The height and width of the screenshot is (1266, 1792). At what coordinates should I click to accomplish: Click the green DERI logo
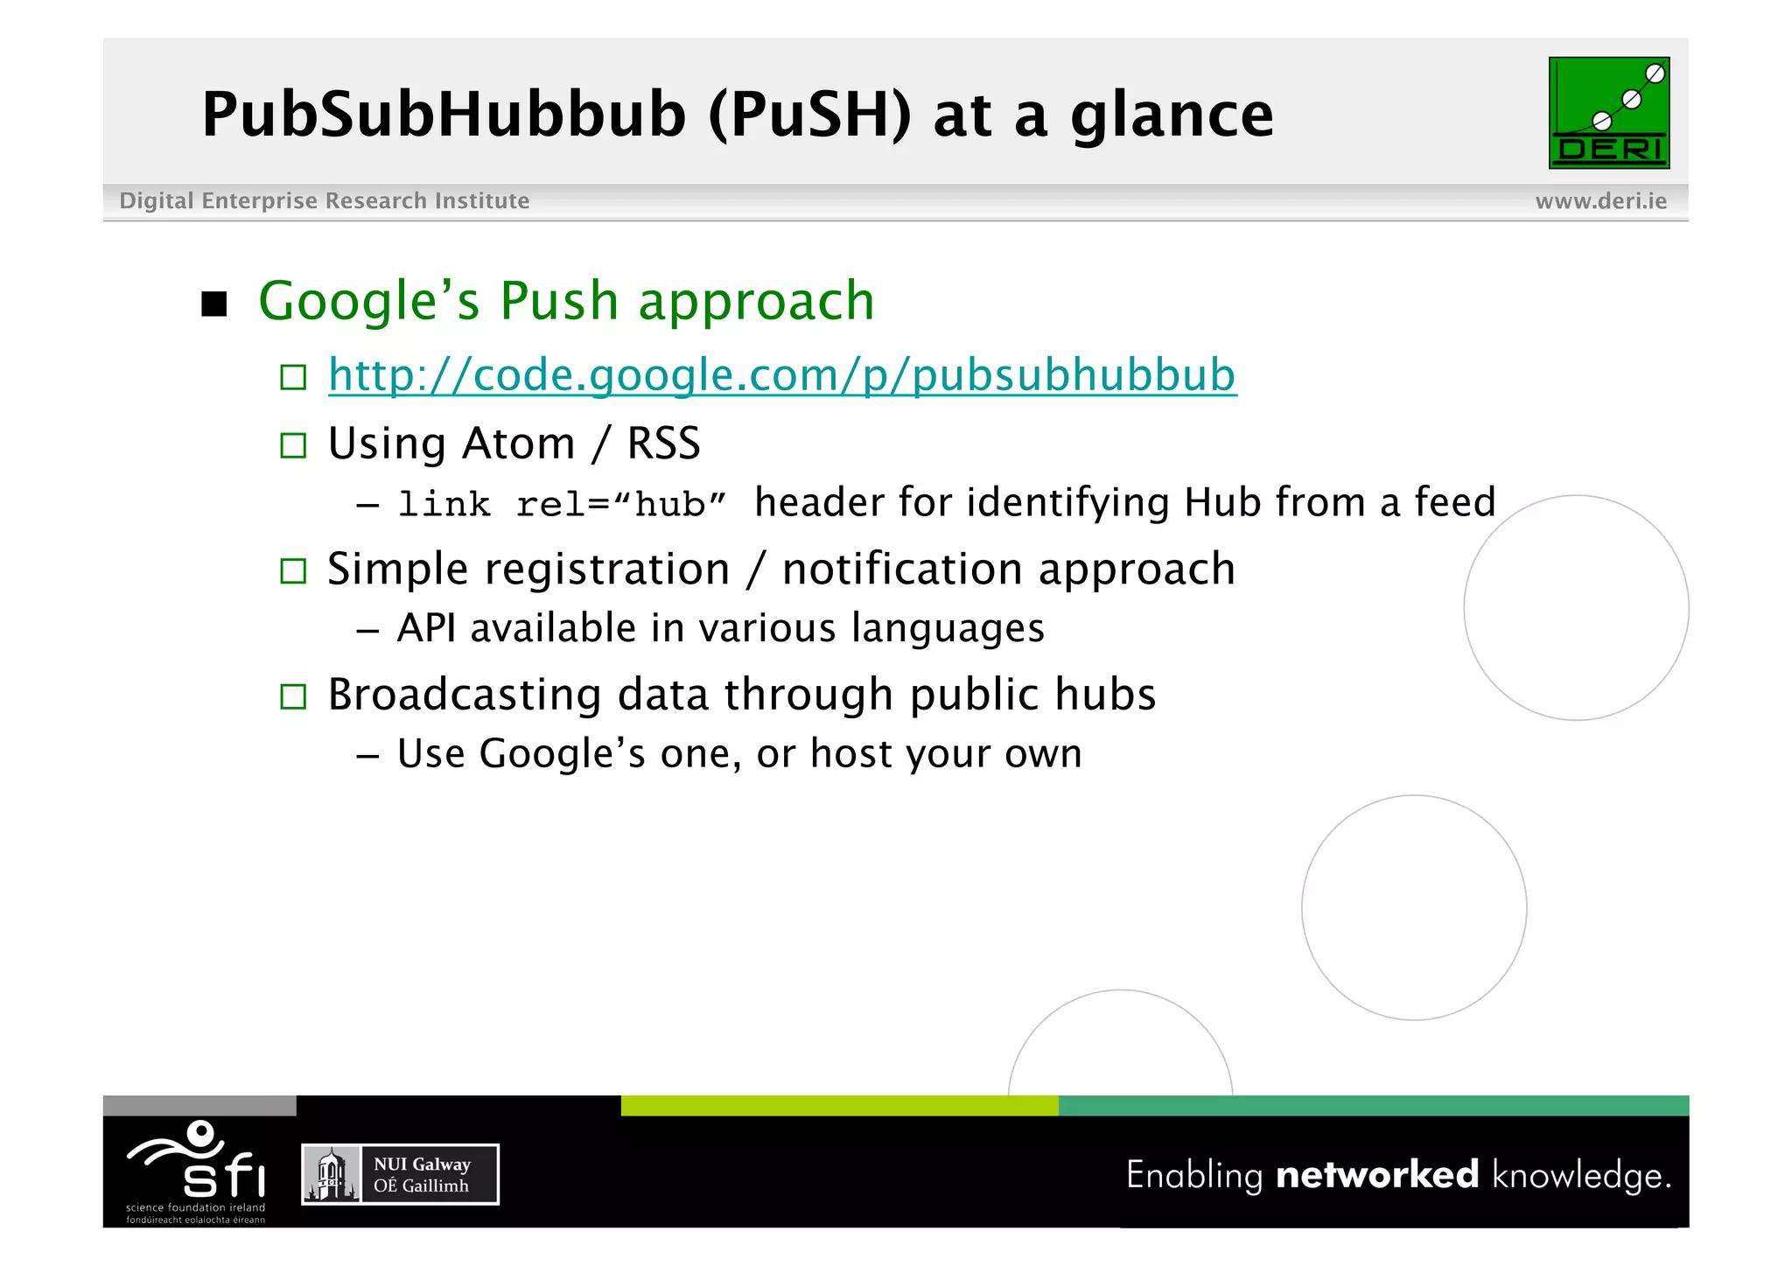click(x=1608, y=113)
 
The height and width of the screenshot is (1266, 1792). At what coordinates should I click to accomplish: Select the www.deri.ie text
click(x=1600, y=201)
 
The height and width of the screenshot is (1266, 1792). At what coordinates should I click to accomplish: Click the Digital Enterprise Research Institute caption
click(x=324, y=201)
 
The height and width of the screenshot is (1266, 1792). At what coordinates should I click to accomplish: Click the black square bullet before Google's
click(x=213, y=304)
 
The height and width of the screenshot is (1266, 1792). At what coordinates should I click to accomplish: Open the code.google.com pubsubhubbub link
click(x=781, y=375)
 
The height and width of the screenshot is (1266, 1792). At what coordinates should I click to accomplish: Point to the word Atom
click(x=518, y=444)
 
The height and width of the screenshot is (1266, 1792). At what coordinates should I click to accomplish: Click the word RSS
click(x=663, y=444)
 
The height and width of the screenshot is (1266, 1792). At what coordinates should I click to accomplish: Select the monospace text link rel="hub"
click(x=562, y=505)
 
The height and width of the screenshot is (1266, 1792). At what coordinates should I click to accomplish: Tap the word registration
click(x=607, y=570)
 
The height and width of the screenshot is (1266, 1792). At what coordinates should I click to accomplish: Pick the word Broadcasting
click(x=464, y=695)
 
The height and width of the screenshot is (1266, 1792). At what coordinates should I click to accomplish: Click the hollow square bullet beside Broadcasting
click(x=293, y=697)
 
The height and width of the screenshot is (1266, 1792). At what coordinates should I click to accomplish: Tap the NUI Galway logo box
click(x=400, y=1175)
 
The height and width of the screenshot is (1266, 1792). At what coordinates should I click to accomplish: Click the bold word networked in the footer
click(x=1376, y=1174)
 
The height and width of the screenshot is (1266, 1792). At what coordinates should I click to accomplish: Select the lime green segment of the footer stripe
click(x=839, y=1106)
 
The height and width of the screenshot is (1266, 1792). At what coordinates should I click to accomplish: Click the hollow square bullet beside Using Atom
click(x=293, y=446)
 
